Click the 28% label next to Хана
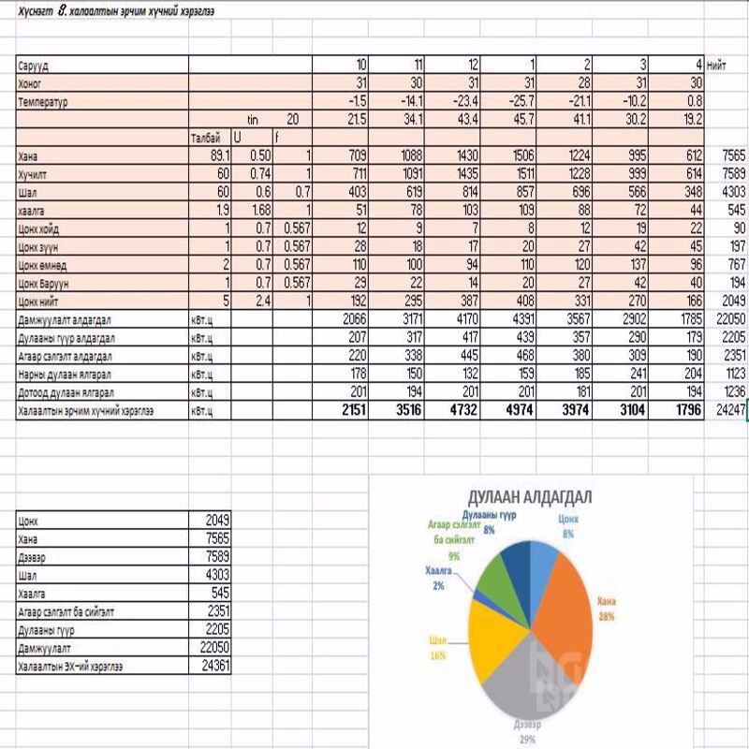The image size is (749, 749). click(x=609, y=617)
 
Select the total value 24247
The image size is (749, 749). click(x=727, y=410)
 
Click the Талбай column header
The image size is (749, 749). click(x=205, y=137)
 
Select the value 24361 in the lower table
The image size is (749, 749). click(x=214, y=667)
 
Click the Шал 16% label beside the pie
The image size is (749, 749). click(x=437, y=648)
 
